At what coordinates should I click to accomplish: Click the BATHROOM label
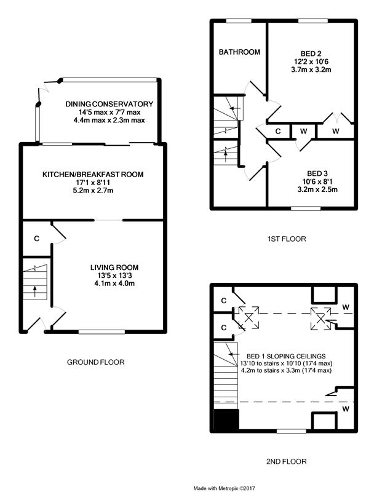pos(239,52)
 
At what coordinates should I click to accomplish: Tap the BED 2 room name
pos(311,54)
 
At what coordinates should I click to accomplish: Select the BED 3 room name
pos(317,173)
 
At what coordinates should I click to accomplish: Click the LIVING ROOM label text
pos(114,268)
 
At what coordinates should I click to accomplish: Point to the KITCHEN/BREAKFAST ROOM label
pos(93,175)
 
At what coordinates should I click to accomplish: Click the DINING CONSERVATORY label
pos(109,104)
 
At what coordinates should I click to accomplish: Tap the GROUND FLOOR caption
pos(96,362)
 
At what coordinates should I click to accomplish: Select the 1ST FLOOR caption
pos(287,239)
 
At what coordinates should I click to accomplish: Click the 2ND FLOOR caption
pos(286,462)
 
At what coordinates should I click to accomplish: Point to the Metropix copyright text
pos(224,488)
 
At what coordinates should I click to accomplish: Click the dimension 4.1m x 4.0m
pos(114,284)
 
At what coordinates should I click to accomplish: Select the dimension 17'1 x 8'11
pos(93,182)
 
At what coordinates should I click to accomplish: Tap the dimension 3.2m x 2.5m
pos(317,189)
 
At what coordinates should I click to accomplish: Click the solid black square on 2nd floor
pos(226,419)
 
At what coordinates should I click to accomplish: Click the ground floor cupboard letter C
pos(37,239)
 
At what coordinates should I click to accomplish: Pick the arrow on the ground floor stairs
pos(34,292)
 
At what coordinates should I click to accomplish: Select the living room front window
pos(101,331)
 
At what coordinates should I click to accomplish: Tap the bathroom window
pos(239,21)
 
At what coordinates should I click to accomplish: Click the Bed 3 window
pos(306,208)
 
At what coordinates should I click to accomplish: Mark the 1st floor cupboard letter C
pos(278,131)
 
